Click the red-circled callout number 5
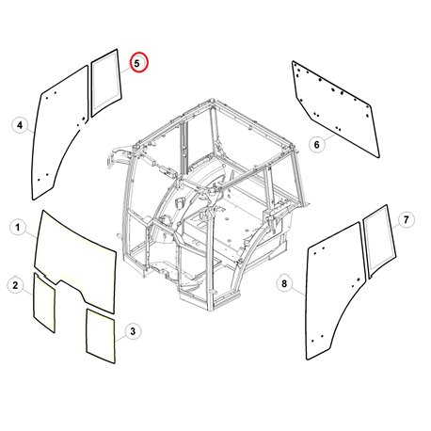click(x=136, y=63)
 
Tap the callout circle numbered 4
click(x=20, y=125)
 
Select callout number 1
click(x=18, y=227)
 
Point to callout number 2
click(x=15, y=285)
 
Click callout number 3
click(x=133, y=331)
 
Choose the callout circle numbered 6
click(x=317, y=145)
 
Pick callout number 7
click(x=406, y=219)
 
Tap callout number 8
click(x=284, y=284)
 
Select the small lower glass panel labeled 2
click(x=44, y=303)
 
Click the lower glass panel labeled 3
click(x=101, y=336)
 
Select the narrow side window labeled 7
click(x=379, y=241)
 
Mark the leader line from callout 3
click(x=120, y=338)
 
